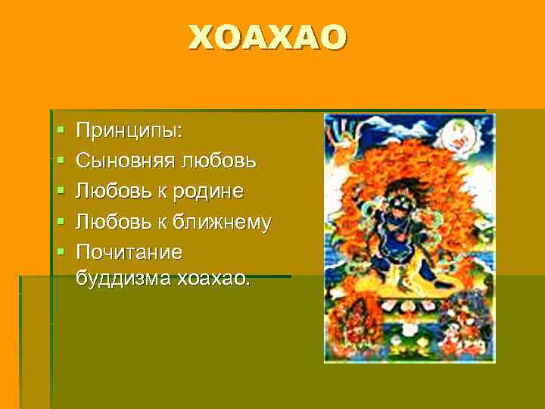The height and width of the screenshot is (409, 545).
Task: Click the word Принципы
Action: click(129, 132)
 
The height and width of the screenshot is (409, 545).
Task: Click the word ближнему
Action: click(224, 220)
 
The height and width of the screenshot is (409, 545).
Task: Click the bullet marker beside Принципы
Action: click(61, 133)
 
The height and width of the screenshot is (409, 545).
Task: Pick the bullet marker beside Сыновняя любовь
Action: click(61, 162)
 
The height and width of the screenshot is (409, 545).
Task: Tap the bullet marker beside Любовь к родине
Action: click(61, 192)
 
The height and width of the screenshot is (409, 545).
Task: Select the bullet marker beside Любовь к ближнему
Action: click(61, 221)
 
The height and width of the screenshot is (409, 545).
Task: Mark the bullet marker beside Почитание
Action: click(61, 251)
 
